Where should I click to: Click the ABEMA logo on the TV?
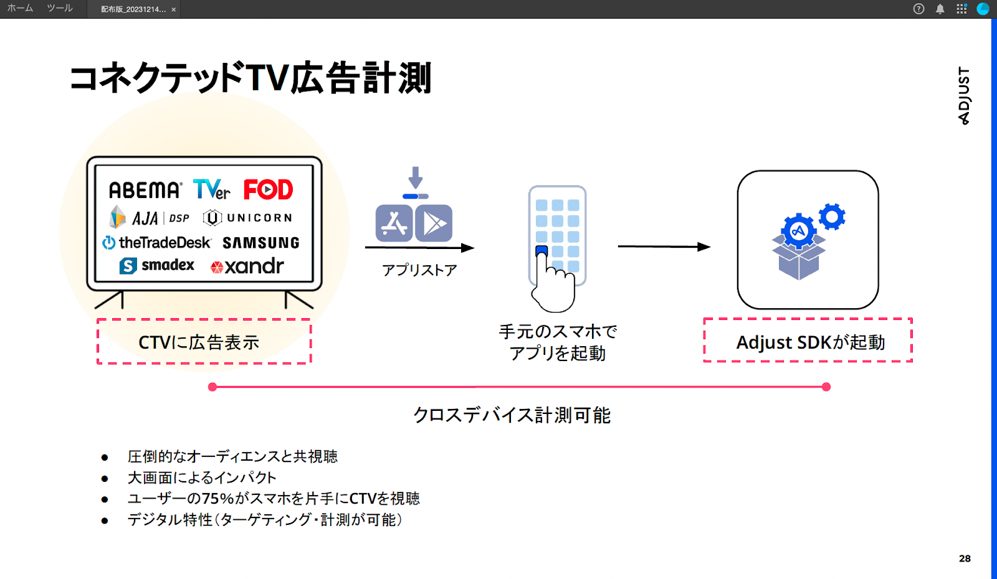(145, 190)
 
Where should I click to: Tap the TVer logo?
(211, 189)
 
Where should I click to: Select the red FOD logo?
(268, 189)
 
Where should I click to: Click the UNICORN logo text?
(259, 218)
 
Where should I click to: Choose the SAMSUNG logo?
(261, 243)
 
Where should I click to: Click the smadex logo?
(157, 266)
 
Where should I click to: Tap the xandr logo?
(247, 266)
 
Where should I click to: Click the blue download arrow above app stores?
(416, 179)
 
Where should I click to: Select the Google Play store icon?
(434, 223)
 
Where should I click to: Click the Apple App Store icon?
(394, 223)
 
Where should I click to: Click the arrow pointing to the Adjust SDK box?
(664, 247)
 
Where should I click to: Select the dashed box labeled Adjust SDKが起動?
(808, 341)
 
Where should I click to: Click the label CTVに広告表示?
(199, 342)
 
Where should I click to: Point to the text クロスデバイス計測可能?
(512, 415)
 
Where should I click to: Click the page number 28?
(965, 558)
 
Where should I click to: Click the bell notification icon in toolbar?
(940, 9)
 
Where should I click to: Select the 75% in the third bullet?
(217, 499)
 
